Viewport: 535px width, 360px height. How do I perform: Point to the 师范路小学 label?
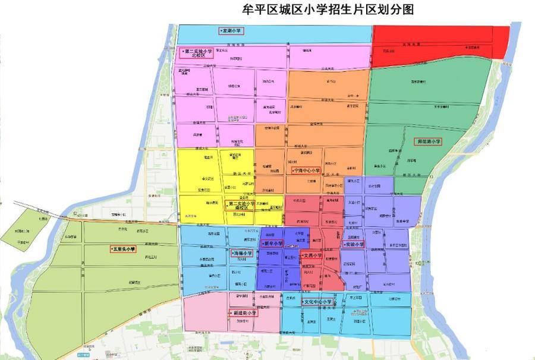click(x=428, y=141)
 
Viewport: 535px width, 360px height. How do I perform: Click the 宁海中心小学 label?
click(x=306, y=170)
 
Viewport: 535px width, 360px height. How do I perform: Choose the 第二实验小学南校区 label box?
click(x=240, y=206)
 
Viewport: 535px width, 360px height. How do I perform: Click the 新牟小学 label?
click(x=272, y=244)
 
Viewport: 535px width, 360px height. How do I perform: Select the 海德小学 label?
click(x=242, y=253)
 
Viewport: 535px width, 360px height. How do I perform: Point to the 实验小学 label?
click(x=353, y=244)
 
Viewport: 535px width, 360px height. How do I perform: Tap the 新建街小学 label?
click(x=243, y=312)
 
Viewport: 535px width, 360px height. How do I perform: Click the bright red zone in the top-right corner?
click(x=440, y=42)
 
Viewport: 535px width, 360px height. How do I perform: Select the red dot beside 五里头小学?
click(x=111, y=250)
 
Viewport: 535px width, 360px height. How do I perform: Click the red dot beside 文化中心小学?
click(x=303, y=302)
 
